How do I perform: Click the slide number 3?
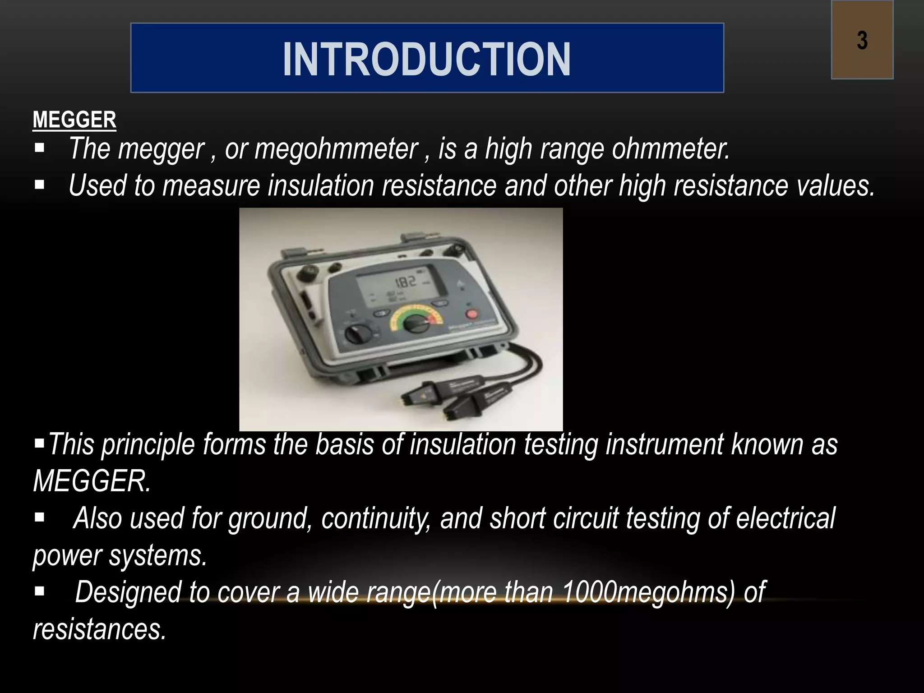pos(862,41)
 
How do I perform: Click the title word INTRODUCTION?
pos(427,59)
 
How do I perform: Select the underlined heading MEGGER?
pos(74,120)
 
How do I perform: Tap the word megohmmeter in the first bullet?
pos(336,149)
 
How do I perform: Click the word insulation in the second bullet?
pos(321,186)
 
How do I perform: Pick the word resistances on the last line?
pos(99,630)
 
